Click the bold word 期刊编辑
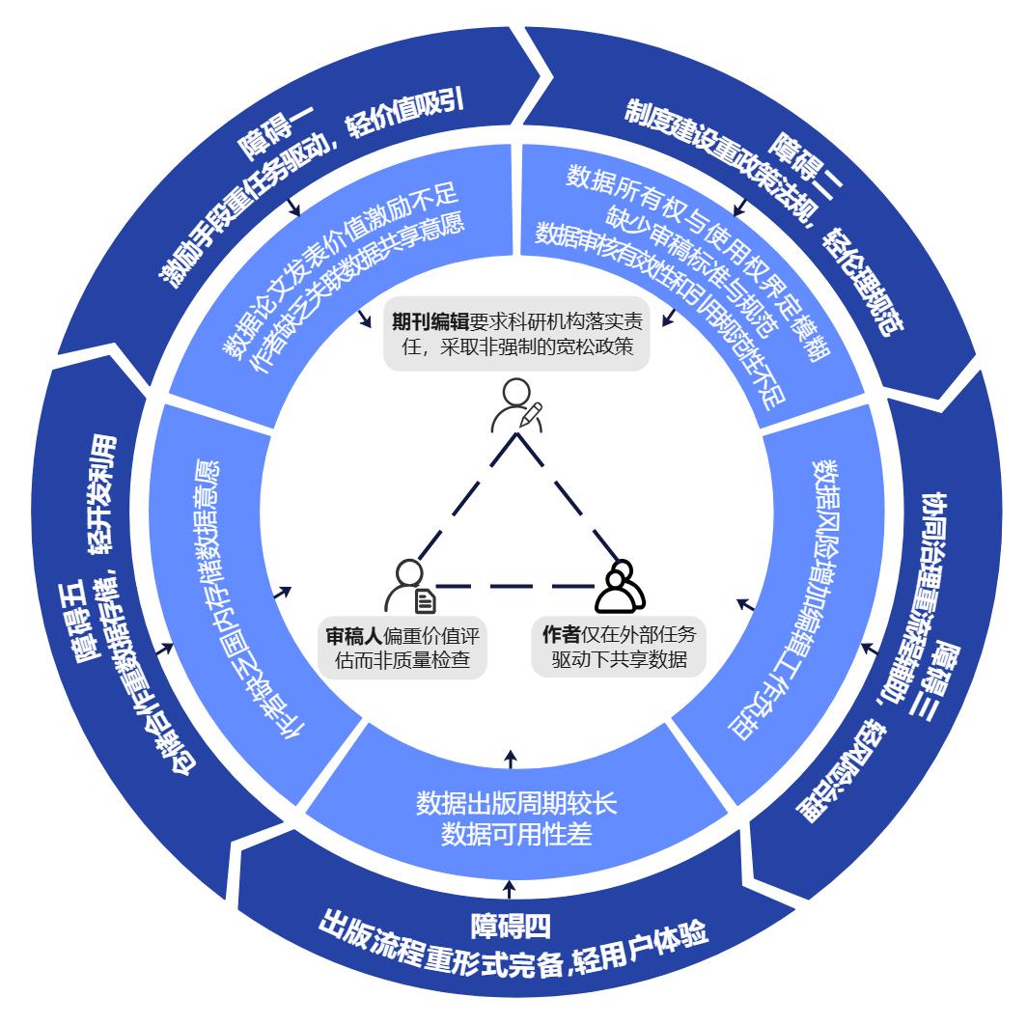[x=430, y=321]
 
